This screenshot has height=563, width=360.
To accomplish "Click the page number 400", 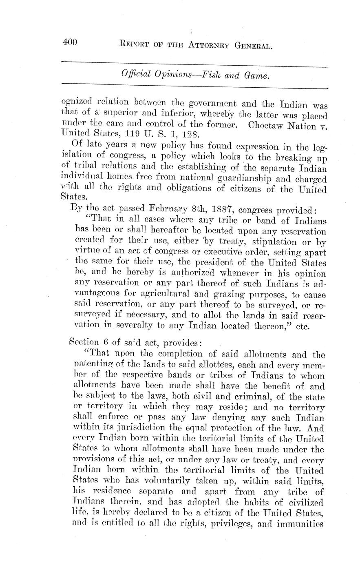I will click(70, 42).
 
